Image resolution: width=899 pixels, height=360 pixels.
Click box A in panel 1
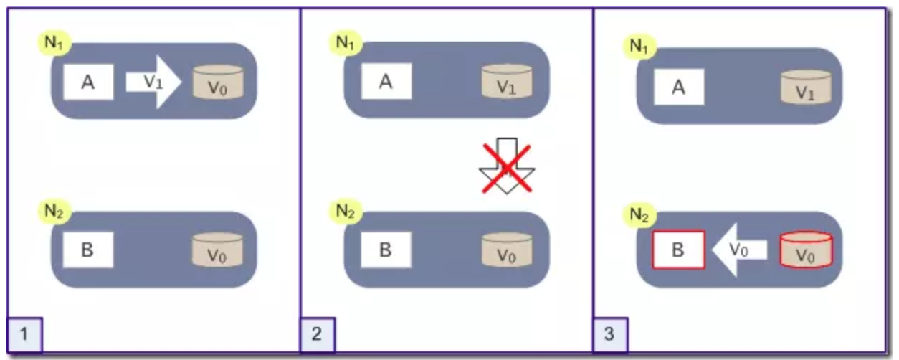tap(88, 82)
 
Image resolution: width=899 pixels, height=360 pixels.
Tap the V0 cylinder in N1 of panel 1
tap(218, 82)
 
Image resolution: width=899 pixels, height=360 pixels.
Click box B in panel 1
tap(88, 251)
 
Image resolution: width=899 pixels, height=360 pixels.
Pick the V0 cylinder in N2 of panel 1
tap(218, 251)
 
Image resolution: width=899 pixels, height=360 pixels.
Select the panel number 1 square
tap(25, 334)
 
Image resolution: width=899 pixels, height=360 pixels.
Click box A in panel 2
tap(386, 81)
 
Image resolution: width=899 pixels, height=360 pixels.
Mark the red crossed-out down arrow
tap(505, 166)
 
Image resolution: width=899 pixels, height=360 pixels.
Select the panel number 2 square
tap(318, 334)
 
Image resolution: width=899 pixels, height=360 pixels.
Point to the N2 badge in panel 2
tap(346, 211)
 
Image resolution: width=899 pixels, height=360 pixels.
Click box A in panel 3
tap(679, 87)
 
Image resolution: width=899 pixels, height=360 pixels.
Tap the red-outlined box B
tap(678, 250)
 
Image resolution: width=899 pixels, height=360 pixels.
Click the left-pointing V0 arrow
tap(738, 250)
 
